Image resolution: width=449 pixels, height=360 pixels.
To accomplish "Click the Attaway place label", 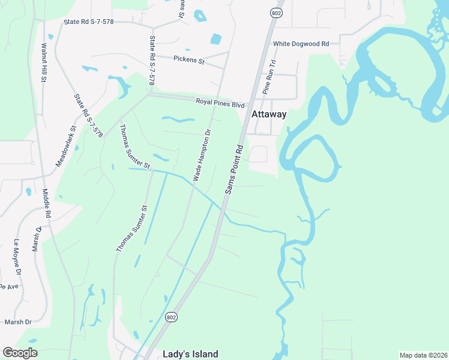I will [x=268, y=114].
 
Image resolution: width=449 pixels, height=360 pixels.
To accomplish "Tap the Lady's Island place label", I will [x=190, y=354].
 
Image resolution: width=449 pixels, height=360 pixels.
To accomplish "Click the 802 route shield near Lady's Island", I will [x=172, y=317].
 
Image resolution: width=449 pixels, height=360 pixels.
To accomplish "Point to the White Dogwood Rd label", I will [x=301, y=44].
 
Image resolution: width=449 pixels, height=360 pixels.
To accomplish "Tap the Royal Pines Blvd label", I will [x=220, y=103].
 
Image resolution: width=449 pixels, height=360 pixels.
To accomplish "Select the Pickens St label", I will [x=189, y=60].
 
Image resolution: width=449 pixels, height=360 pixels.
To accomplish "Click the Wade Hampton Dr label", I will [x=202, y=155].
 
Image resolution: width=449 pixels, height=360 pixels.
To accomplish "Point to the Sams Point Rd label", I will [x=235, y=169].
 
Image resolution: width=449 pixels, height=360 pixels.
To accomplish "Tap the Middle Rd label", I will [x=47, y=203].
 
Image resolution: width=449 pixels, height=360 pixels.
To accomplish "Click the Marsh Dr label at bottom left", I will [x=17, y=322].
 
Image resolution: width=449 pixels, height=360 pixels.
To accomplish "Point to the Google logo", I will [x=20, y=353].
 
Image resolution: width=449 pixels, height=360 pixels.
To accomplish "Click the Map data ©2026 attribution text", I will [x=423, y=355].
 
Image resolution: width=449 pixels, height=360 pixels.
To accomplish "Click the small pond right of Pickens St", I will [x=215, y=40].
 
